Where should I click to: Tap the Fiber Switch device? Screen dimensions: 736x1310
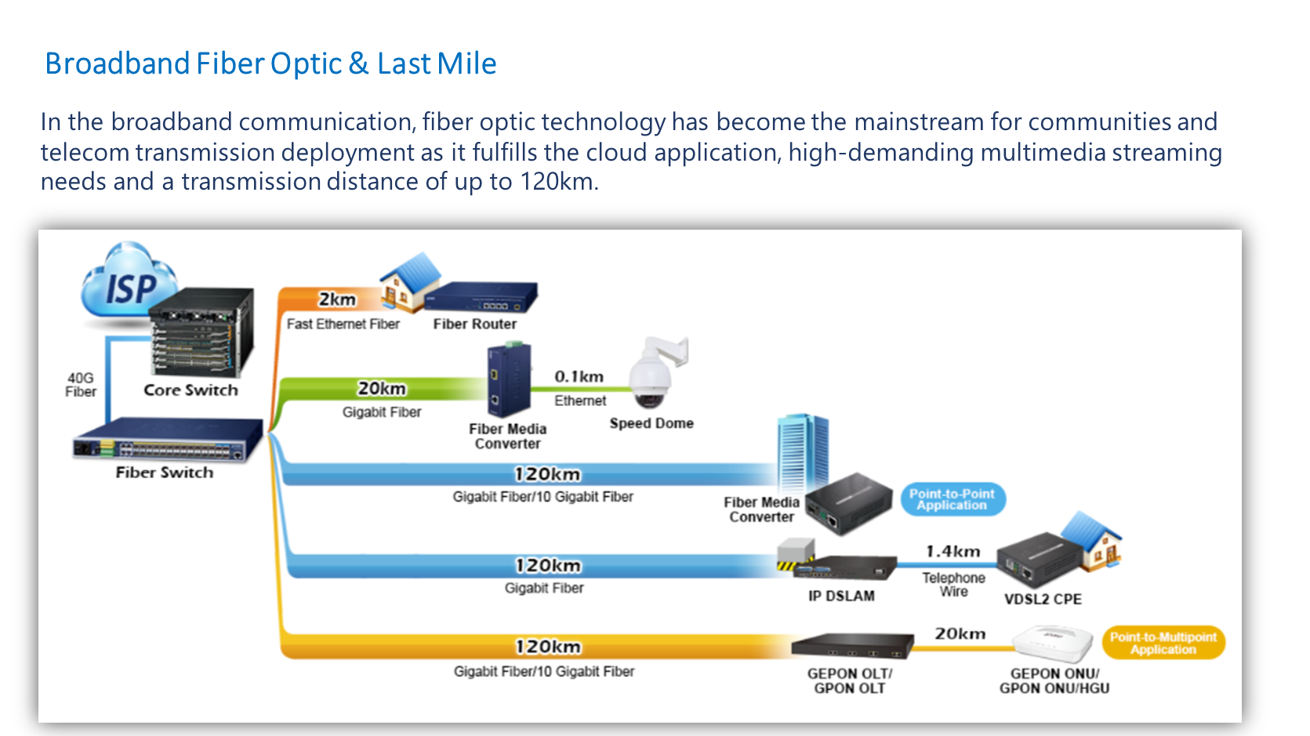(x=166, y=441)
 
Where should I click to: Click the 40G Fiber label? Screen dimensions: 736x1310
(x=80, y=385)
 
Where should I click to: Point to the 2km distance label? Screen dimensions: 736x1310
(x=337, y=299)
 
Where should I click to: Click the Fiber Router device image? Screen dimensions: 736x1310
(x=480, y=298)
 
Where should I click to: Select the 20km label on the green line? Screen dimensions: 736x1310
(x=382, y=389)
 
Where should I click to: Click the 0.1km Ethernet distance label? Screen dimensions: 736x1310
(x=579, y=377)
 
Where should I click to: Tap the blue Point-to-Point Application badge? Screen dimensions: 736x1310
(x=952, y=499)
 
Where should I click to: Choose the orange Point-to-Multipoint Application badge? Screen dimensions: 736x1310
(x=1163, y=644)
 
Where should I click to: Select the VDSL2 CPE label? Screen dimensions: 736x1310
(x=1043, y=600)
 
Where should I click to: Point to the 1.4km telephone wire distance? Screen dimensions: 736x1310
(x=953, y=552)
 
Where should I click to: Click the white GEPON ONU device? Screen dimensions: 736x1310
(x=1053, y=644)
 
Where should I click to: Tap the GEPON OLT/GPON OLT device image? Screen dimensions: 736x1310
(x=851, y=646)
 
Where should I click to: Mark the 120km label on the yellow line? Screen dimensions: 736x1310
(x=548, y=647)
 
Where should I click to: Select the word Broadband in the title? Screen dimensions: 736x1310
(x=118, y=63)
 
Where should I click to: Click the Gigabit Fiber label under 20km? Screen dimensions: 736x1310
(x=382, y=412)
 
